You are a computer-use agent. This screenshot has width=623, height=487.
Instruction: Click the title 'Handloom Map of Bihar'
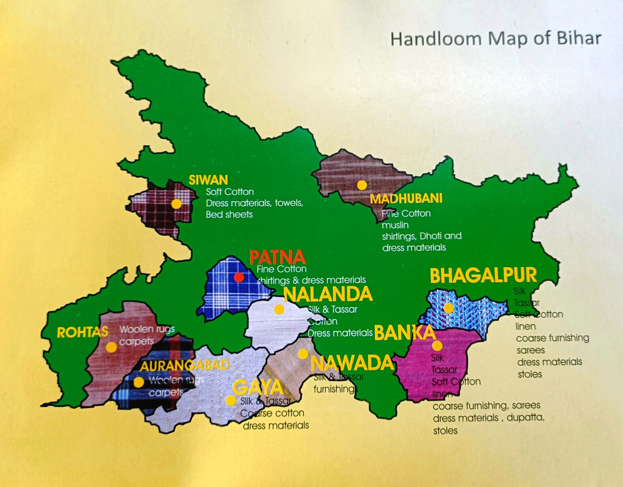[x=495, y=39]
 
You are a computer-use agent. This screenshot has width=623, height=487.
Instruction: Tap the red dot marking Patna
[x=239, y=277]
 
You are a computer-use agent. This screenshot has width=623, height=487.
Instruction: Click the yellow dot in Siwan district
[x=176, y=204]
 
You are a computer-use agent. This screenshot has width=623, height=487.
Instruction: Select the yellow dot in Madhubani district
[x=362, y=185]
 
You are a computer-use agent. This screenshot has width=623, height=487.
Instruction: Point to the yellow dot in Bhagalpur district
[x=448, y=308]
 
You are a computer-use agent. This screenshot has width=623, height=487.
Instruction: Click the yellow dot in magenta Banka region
[x=437, y=345]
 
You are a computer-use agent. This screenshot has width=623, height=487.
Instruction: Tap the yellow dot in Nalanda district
[x=279, y=310]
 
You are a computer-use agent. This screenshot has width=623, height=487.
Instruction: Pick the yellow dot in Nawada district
[x=303, y=354]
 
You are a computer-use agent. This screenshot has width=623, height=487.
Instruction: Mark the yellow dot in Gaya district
[x=231, y=400]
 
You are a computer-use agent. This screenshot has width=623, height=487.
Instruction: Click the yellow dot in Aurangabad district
[x=139, y=382]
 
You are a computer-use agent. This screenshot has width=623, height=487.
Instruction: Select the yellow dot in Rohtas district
[x=112, y=347]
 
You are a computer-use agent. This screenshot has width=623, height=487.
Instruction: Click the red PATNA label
[x=277, y=257]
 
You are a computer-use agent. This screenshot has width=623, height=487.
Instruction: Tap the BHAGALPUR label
[x=483, y=276]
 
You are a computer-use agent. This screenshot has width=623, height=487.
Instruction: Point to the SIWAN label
[x=208, y=180]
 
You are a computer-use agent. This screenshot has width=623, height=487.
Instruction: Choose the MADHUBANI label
[x=406, y=199]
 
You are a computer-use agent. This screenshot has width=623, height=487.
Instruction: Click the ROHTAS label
[x=82, y=333]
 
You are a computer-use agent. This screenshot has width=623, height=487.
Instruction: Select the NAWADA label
[x=352, y=363]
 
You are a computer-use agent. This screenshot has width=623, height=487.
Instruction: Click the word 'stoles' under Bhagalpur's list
[x=530, y=374]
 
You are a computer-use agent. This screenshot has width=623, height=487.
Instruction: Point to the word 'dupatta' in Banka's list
[x=525, y=418]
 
